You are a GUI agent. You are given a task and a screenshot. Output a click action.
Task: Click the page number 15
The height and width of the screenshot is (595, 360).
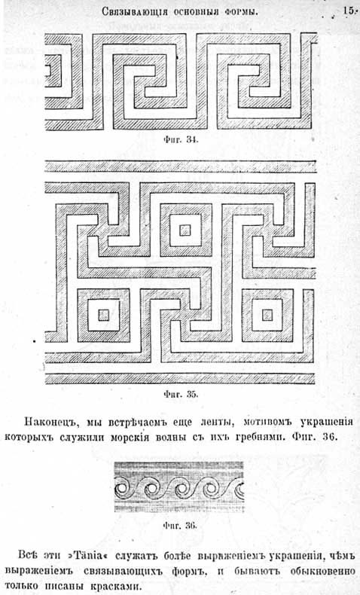pos(348,11)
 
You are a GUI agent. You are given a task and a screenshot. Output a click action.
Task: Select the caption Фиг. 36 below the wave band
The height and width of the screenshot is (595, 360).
pos(180,526)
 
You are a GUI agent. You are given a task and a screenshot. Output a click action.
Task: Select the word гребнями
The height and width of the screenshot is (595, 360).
pos(259,437)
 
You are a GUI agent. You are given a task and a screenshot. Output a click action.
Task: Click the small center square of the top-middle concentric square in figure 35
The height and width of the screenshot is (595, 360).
pos(185,230)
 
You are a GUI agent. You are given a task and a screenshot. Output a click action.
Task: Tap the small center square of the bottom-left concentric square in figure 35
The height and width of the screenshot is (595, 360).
pos(104,315)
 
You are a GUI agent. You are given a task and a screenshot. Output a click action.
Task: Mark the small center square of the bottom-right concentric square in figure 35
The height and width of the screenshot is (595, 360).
pos(267,315)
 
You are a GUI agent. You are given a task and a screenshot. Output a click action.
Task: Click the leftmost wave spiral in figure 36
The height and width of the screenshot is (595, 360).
pos(123,487)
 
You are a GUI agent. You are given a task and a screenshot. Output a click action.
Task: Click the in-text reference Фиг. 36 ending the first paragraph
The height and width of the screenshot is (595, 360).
pos(315,437)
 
